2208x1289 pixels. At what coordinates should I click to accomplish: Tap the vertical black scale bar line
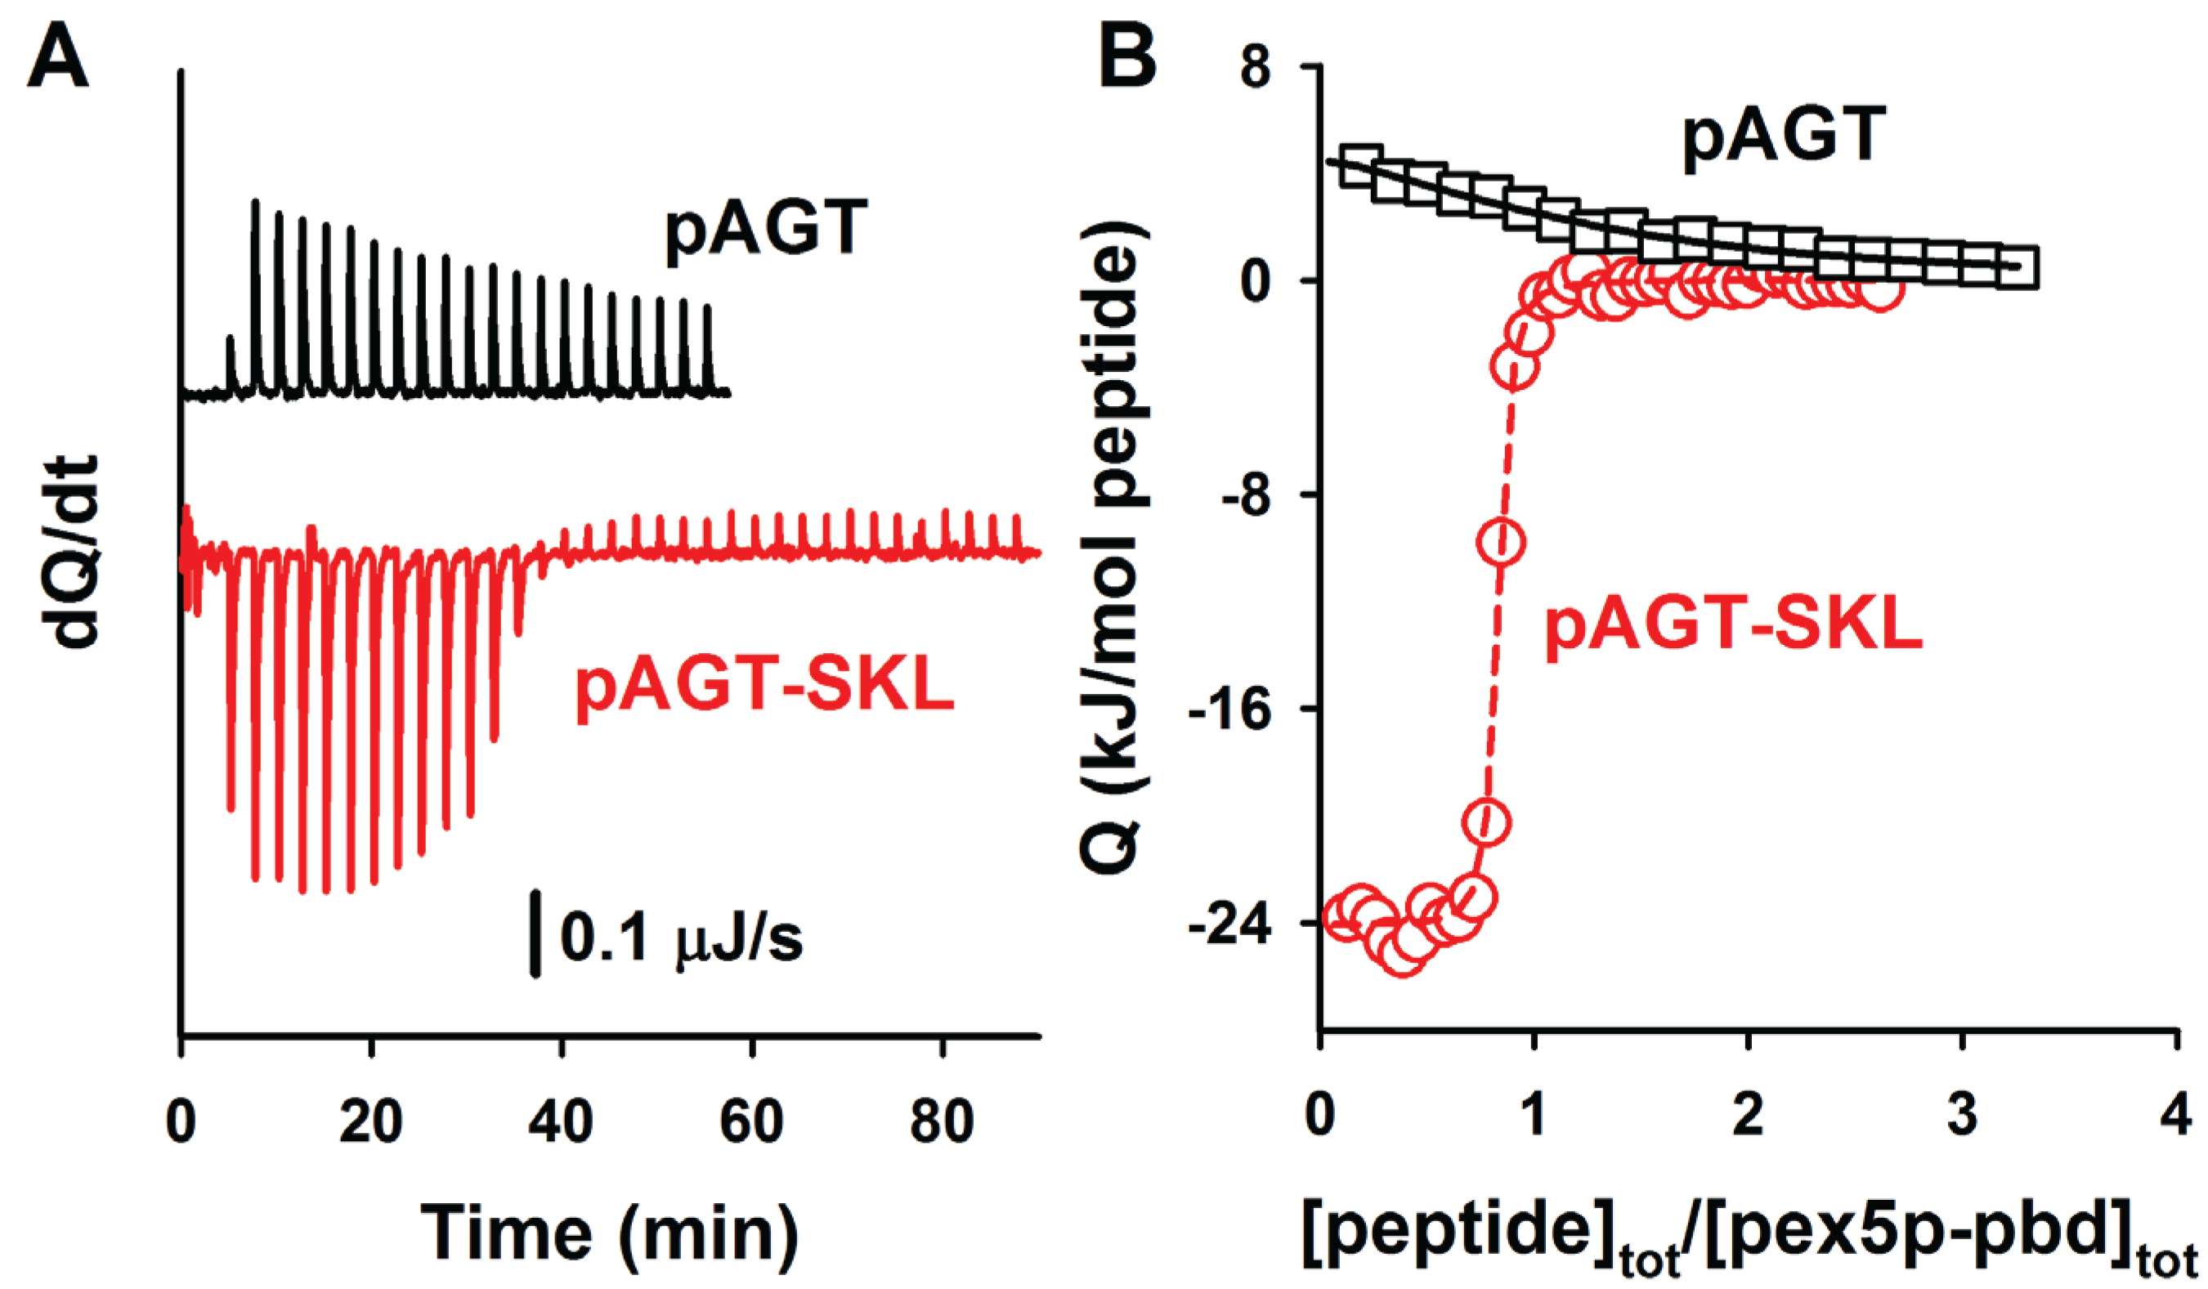pyautogui.click(x=535, y=933)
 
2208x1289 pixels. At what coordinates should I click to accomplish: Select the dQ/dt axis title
pyautogui.click(x=70, y=552)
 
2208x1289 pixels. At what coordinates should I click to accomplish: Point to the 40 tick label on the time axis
pyautogui.click(x=561, y=1121)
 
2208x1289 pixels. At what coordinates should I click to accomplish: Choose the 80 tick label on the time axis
pyautogui.click(x=942, y=1121)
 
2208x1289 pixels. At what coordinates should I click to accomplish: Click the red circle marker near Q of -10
pyautogui.click(x=1502, y=543)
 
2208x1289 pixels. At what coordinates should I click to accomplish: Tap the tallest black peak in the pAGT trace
pyautogui.click(x=255, y=204)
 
